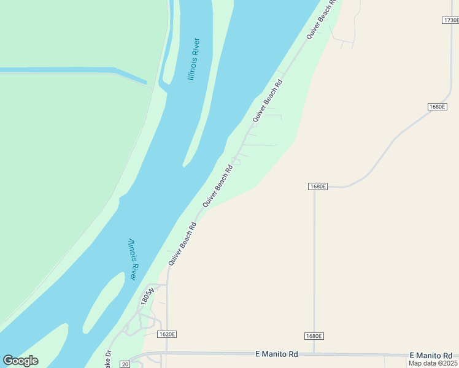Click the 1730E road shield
(x=450, y=20)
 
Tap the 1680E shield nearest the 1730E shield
(x=436, y=107)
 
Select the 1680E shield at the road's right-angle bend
(x=317, y=186)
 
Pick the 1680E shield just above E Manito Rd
(x=314, y=336)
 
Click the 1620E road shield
(x=167, y=334)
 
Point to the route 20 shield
(x=125, y=364)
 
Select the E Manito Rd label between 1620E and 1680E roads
(x=276, y=354)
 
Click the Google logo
(x=20, y=361)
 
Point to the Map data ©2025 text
(x=433, y=363)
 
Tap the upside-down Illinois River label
(x=132, y=259)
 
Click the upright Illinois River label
(x=194, y=60)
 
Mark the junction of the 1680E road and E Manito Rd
(x=314, y=354)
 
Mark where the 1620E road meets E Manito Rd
(x=167, y=353)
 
